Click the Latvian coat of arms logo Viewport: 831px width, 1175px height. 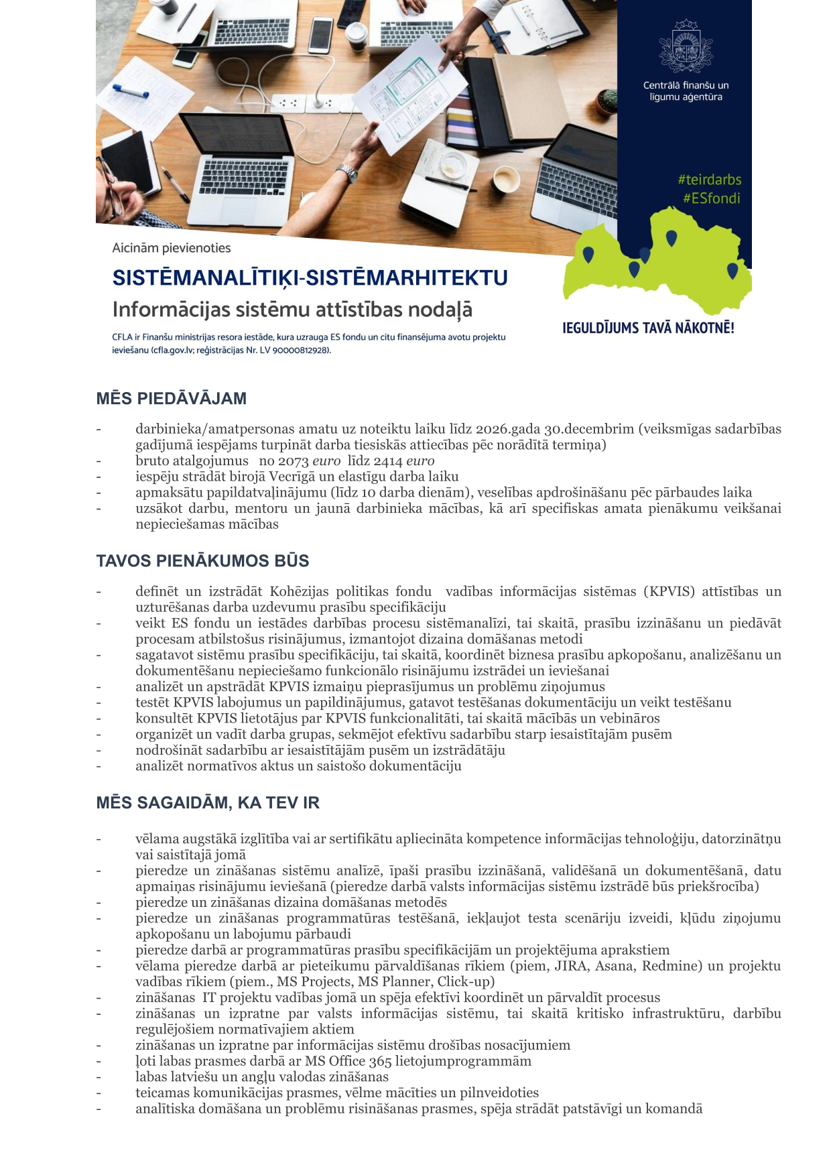685,46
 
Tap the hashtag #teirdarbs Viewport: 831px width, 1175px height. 709,180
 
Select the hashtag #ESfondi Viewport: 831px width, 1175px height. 711,198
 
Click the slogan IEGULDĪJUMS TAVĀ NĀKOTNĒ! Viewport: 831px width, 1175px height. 648,328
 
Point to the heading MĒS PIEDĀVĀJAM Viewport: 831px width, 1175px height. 171,399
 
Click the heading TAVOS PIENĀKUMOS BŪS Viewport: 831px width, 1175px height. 202,561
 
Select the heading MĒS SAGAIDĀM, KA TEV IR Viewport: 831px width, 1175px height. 208,803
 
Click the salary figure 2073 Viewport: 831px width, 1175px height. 293,461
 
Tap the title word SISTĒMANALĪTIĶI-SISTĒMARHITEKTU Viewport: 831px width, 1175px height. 310,278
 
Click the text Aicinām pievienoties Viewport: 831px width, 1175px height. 172,248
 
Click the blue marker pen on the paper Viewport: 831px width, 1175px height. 130,90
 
